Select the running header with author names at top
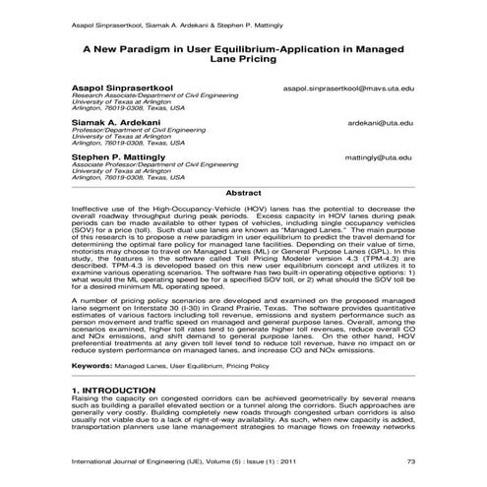tap(157, 18)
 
